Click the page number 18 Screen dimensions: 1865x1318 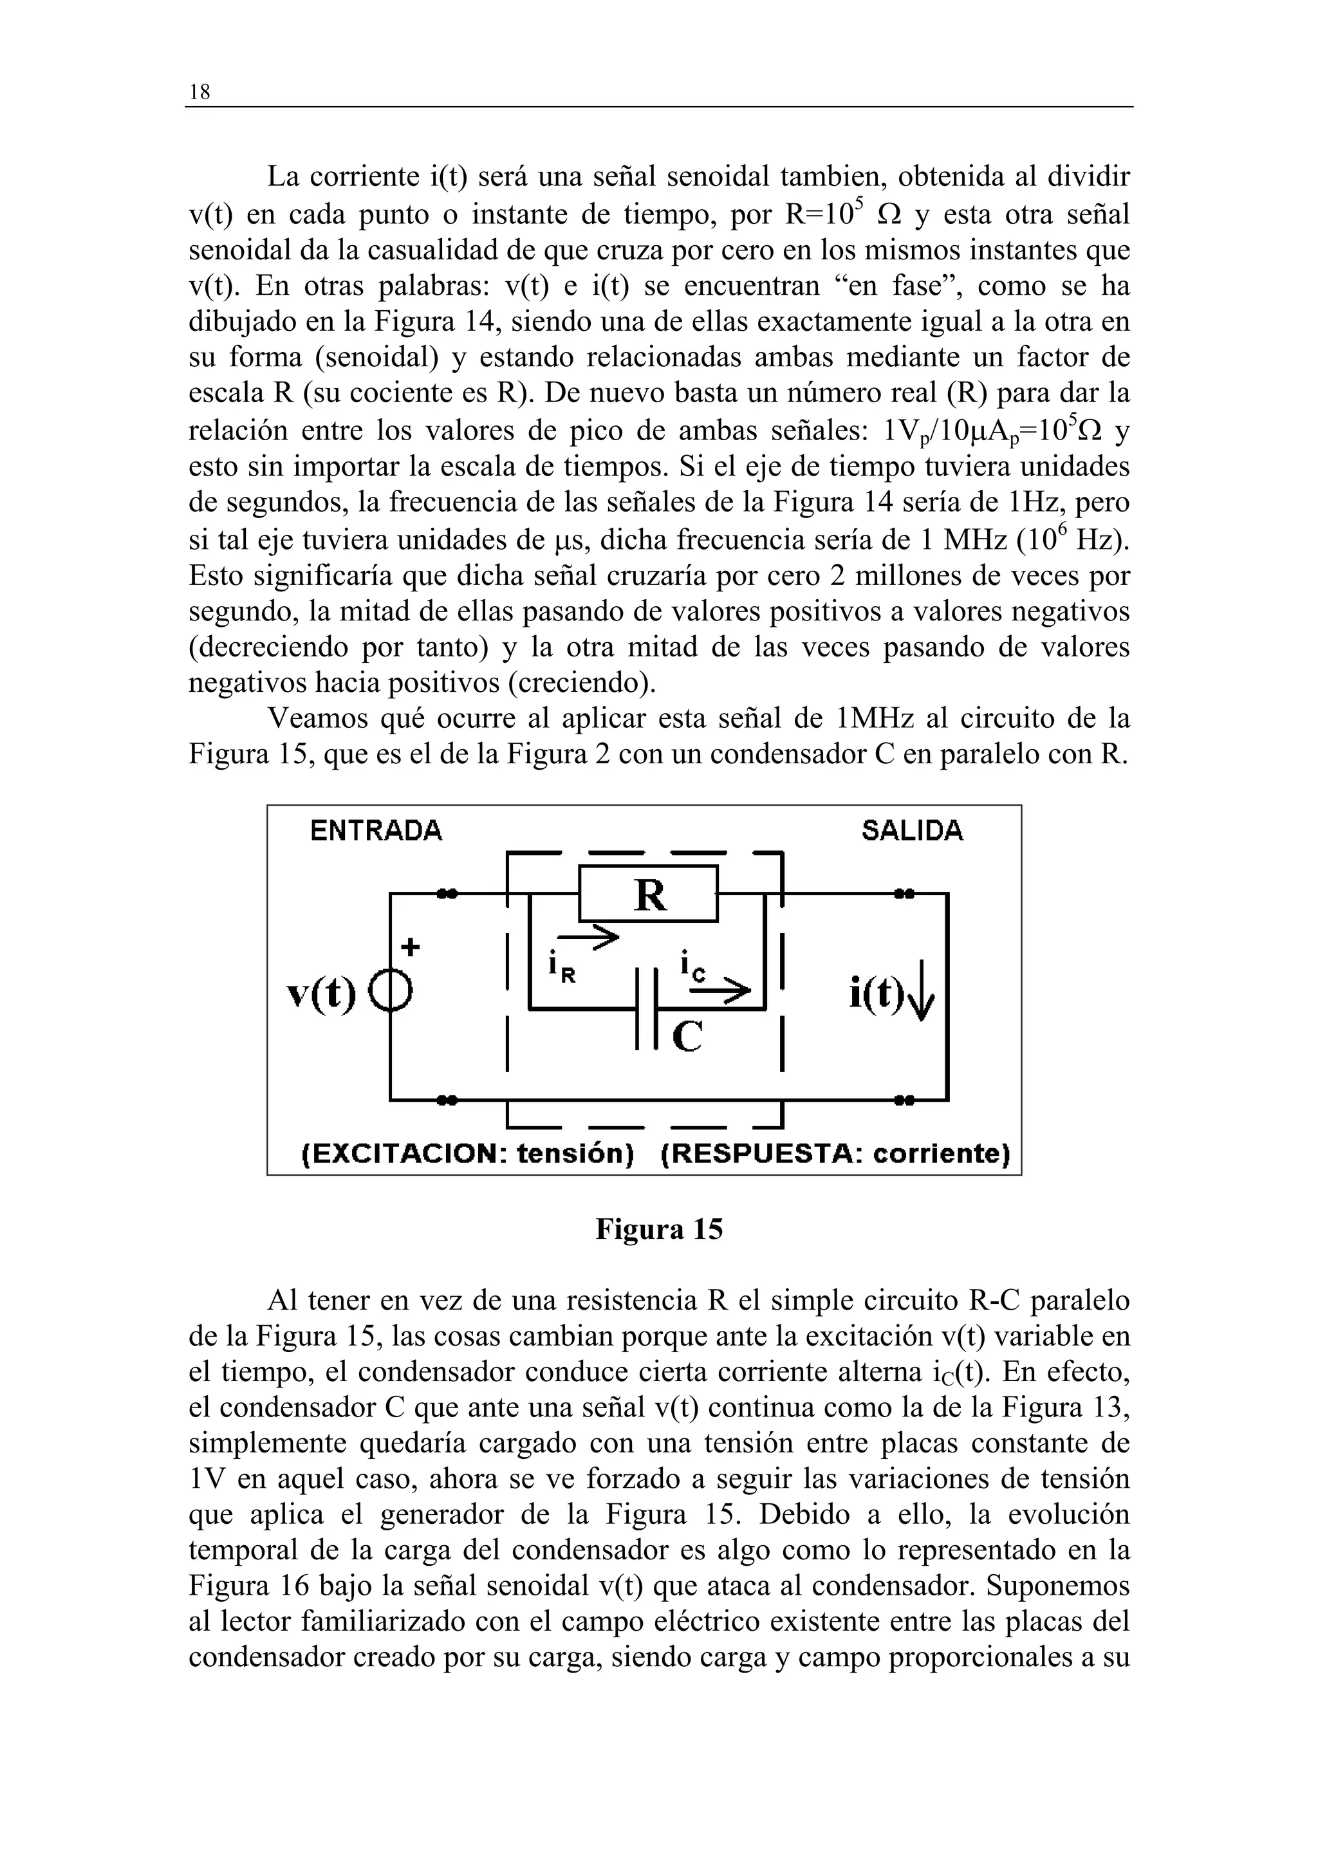point(199,93)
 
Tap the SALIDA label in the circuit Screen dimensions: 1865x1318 point(912,831)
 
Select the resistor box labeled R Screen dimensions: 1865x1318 point(648,895)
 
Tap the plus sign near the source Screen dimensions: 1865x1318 point(411,947)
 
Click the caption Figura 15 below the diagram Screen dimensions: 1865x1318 point(658,1229)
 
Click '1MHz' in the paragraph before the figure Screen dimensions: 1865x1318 point(874,719)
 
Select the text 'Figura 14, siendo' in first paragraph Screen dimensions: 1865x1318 point(480,322)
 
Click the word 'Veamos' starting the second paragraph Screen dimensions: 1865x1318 point(315,719)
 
